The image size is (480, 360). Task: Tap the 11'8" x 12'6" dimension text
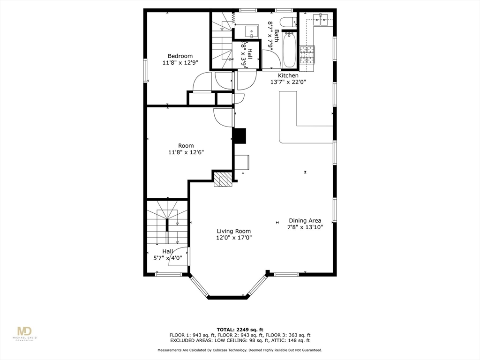[186, 152]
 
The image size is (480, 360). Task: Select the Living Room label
[233, 231]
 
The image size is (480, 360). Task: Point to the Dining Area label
[305, 220]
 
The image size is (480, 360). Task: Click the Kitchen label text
[288, 75]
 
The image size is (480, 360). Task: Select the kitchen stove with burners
[307, 55]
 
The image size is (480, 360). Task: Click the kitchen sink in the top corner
[322, 19]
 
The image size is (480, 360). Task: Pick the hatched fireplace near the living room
[223, 179]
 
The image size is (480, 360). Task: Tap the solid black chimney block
[239, 135]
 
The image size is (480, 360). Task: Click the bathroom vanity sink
[252, 31]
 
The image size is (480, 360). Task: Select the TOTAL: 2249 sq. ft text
[240, 329]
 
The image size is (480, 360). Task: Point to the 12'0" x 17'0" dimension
[234, 238]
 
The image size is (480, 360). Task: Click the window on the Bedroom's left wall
[145, 70]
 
